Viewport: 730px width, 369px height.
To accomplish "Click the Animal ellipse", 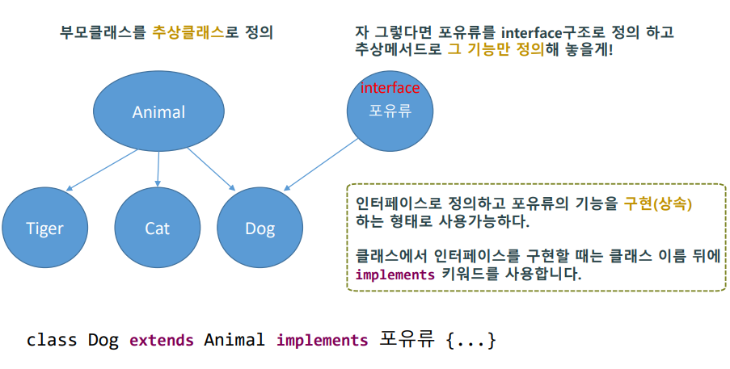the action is click(158, 112).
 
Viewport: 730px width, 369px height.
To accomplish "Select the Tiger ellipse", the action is click(44, 229).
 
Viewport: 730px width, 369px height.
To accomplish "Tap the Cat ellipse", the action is click(157, 229).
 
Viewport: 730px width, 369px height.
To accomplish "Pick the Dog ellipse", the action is click(260, 229).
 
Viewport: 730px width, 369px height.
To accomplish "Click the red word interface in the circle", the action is click(390, 88).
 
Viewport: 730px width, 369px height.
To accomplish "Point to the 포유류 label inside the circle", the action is click(390, 111).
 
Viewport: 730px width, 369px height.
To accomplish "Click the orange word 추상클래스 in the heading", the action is click(188, 33).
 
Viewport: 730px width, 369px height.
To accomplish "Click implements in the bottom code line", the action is click(322, 340).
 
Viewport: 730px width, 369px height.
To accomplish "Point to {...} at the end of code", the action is click(469, 340).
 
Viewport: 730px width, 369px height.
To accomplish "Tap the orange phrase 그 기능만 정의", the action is click(496, 50).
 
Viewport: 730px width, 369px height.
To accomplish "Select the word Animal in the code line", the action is click(234, 340).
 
